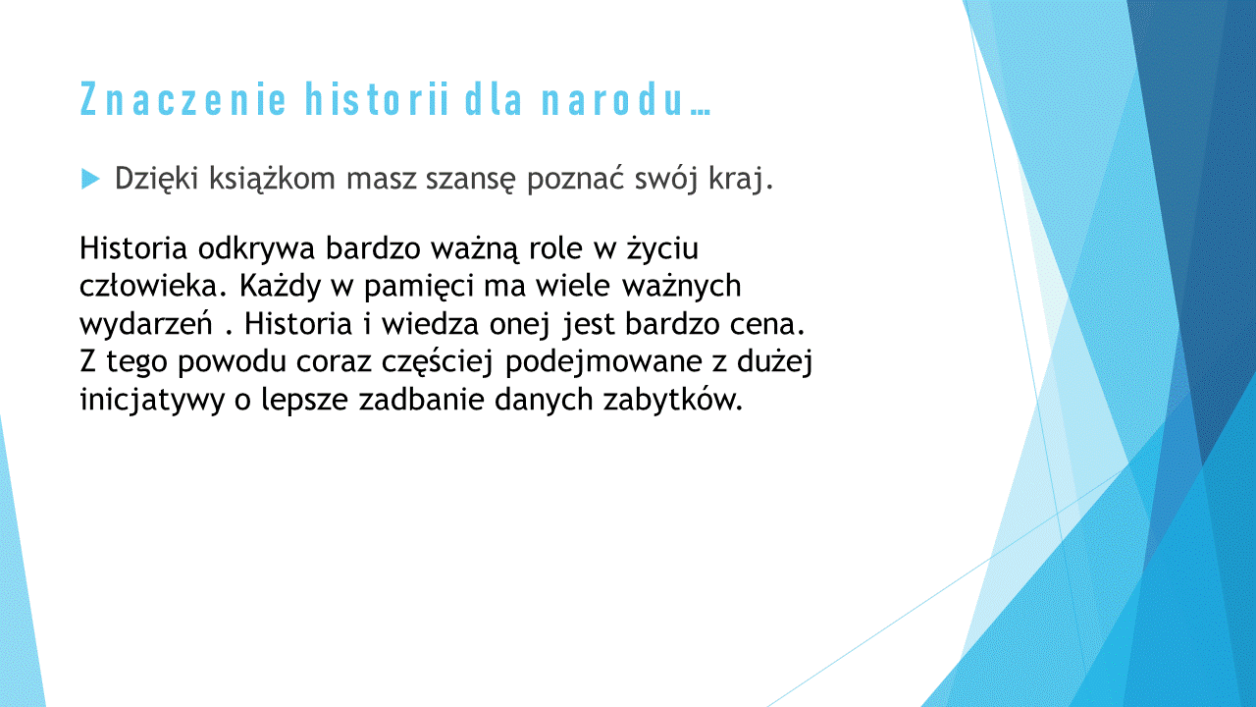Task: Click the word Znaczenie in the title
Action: pyautogui.click(x=183, y=99)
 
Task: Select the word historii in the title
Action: pyautogui.click(x=376, y=99)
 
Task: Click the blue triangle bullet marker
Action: pyautogui.click(x=90, y=179)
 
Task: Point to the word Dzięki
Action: pyautogui.click(x=156, y=179)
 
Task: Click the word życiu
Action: pyautogui.click(x=662, y=248)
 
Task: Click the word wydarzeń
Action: pyautogui.click(x=146, y=324)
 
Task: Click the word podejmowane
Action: pyautogui.click(x=603, y=362)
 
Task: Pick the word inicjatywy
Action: pyautogui.click(x=152, y=400)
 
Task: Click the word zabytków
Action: pyautogui.click(x=673, y=399)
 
